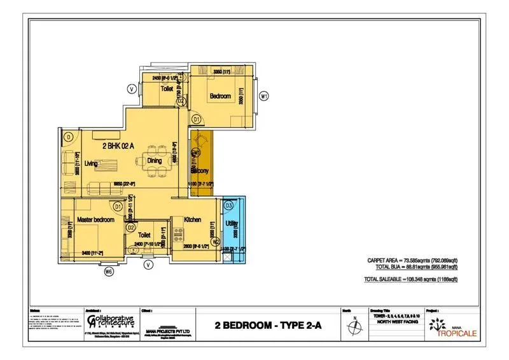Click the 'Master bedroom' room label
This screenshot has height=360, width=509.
tap(95, 219)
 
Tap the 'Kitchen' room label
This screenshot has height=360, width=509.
tap(193, 219)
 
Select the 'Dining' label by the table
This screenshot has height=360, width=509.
tap(155, 161)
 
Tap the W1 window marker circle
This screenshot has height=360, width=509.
tap(265, 96)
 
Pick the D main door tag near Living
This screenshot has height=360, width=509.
tap(68, 136)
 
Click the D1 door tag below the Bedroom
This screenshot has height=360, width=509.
tap(197, 119)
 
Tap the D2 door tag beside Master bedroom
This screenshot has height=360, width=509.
tap(130, 227)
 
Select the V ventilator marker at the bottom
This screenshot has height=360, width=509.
tap(148, 264)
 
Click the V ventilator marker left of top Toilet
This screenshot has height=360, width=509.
tap(131, 89)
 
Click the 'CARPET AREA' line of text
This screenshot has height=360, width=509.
tap(412, 260)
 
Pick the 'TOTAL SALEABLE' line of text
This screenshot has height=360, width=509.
tap(411, 279)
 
